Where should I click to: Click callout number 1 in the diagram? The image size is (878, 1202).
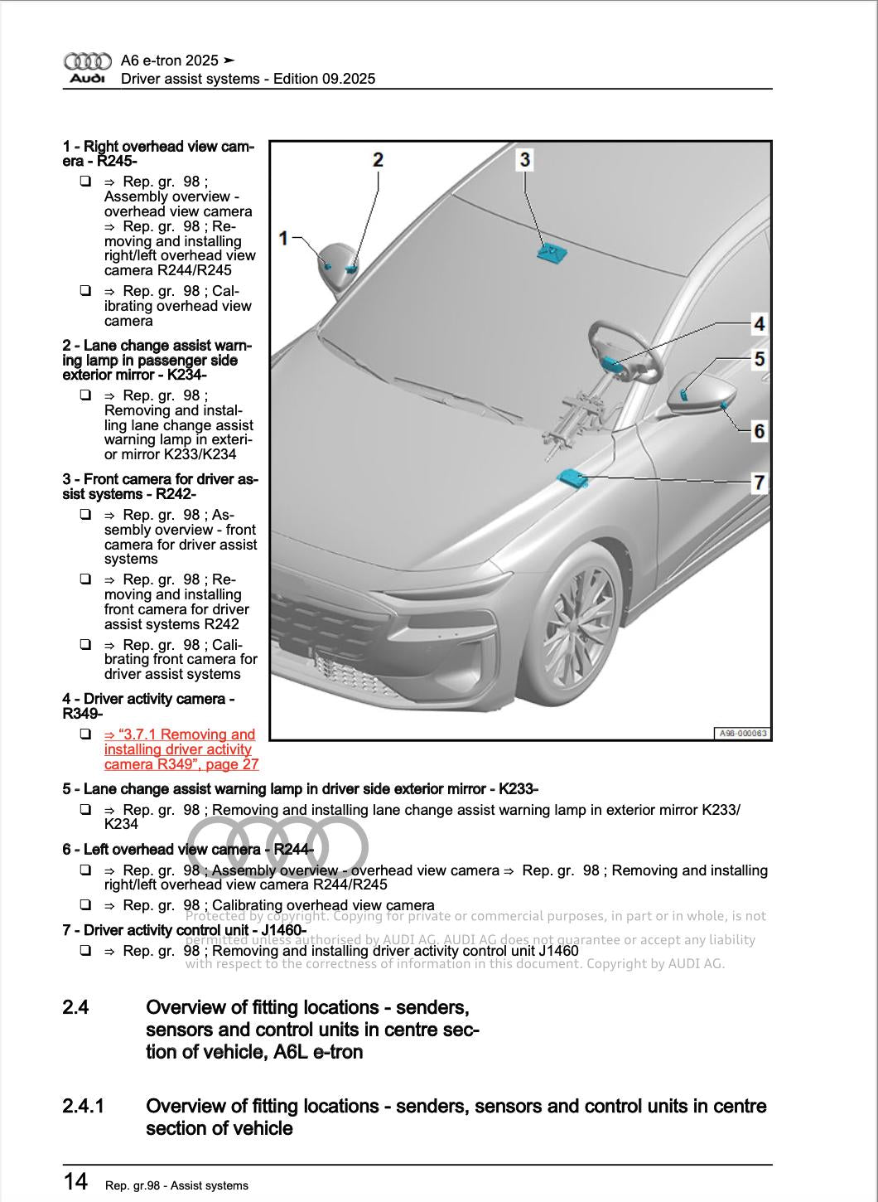283,239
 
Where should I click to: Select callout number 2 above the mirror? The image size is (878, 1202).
378,159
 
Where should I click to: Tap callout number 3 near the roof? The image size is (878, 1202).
524,158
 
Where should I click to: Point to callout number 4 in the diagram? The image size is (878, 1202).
758,323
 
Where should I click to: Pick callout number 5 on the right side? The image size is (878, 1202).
758,359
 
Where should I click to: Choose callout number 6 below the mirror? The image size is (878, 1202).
758,430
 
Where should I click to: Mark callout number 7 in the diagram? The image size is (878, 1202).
758,482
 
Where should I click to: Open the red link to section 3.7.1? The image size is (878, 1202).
181,749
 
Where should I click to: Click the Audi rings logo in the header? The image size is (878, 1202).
87,61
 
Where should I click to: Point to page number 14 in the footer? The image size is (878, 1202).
75,1180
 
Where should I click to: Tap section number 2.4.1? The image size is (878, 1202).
83,1107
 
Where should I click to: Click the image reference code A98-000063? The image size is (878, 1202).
742,734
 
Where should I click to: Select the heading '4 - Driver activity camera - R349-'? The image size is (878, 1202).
148,706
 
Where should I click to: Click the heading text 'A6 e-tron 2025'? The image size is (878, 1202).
170,61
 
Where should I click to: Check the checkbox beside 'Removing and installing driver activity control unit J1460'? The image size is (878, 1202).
85,951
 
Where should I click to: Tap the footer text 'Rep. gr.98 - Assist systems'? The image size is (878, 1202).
176,1185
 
